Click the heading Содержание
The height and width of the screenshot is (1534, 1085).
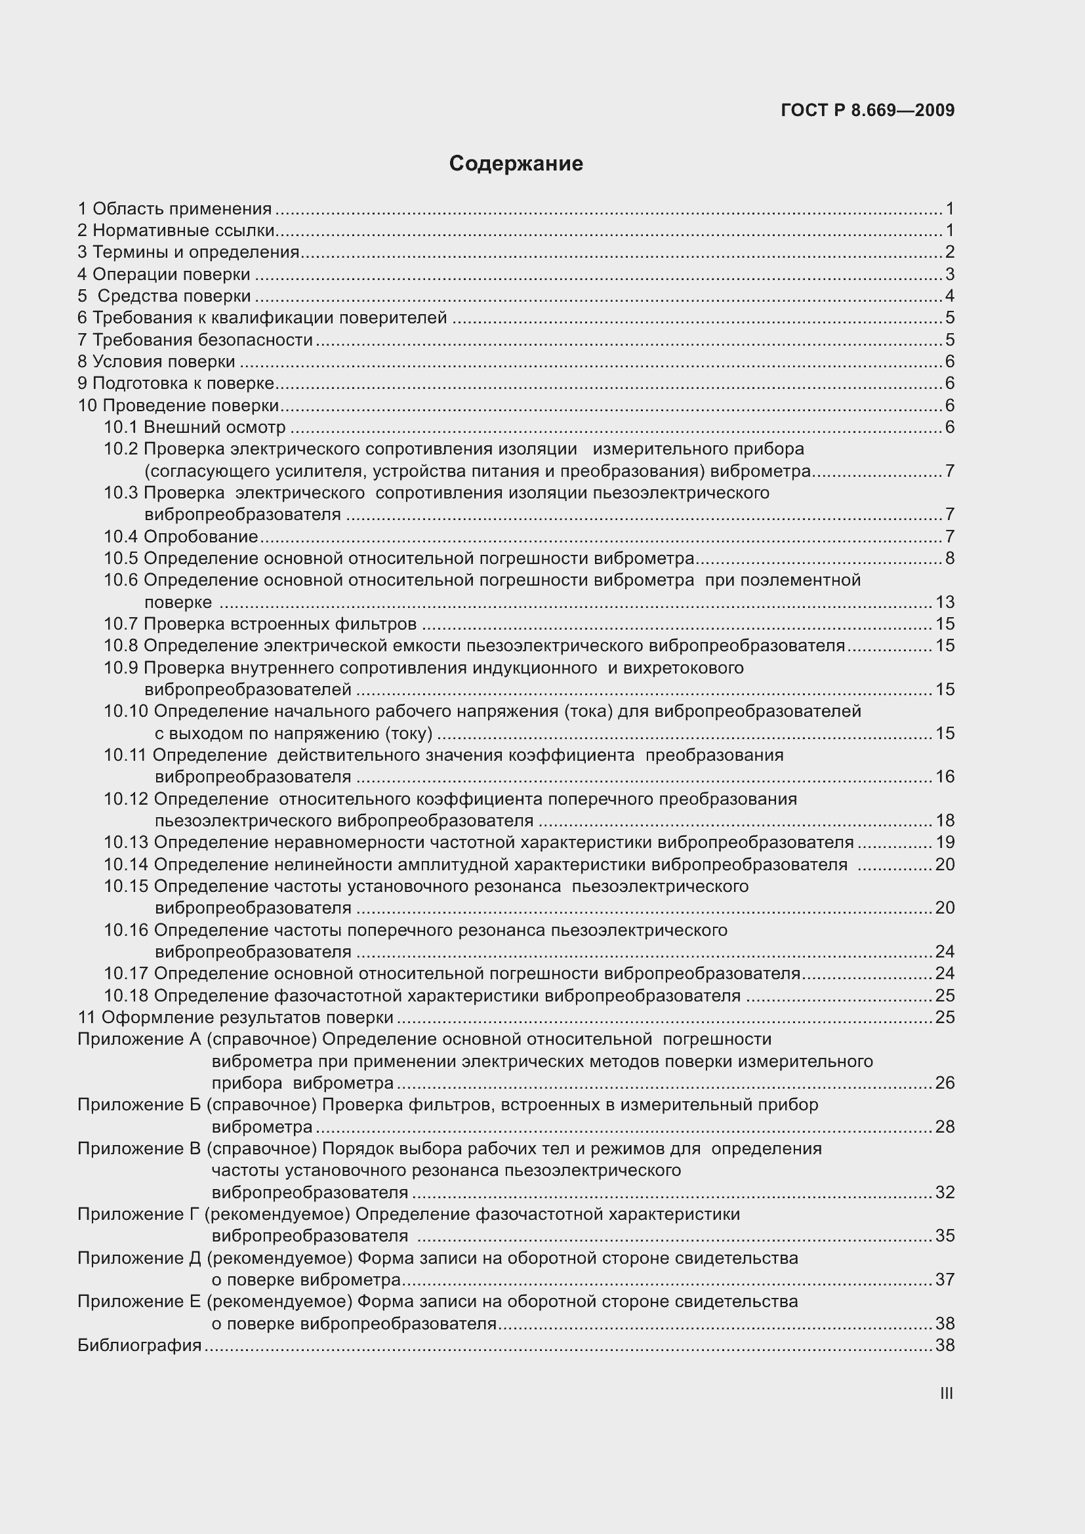point(516,163)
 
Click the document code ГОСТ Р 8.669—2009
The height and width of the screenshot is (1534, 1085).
point(867,110)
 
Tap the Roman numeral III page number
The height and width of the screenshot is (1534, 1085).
point(946,1393)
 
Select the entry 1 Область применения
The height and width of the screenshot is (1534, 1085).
point(174,209)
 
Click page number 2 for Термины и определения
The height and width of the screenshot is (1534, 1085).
point(949,252)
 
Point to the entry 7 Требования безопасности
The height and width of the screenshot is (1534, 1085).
point(195,340)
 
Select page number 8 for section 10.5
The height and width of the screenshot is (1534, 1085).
point(949,558)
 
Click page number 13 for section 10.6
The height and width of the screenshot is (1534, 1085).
point(945,602)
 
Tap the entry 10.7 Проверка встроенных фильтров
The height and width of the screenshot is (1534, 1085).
point(260,623)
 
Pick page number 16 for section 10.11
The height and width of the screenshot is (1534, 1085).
point(945,777)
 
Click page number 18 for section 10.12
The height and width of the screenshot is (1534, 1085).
point(945,820)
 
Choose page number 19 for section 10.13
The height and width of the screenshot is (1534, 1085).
point(945,842)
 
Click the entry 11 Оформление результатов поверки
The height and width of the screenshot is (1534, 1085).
point(235,1017)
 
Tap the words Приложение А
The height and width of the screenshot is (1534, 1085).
point(139,1039)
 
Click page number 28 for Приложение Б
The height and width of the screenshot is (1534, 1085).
point(945,1127)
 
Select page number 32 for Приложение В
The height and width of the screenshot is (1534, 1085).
point(945,1192)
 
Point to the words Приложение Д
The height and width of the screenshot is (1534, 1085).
point(139,1258)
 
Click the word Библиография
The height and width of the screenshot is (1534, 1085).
point(139,1345)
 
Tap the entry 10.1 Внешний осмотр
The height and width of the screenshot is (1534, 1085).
point(194,427)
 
